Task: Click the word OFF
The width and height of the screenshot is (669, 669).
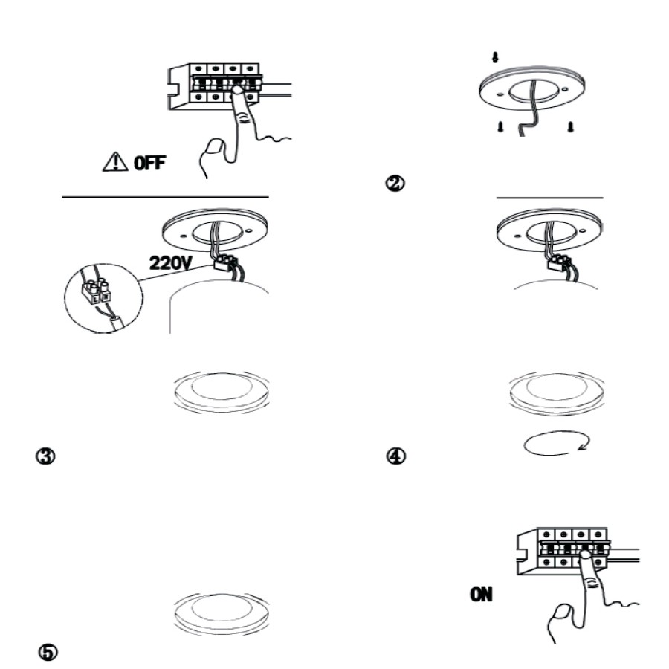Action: point(149,163)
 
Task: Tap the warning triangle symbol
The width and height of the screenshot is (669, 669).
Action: point(115,162)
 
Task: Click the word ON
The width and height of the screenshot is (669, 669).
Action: point(481,595)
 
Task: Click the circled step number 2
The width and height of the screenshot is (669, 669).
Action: point(395,184)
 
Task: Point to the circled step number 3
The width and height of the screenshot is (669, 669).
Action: point(45,456)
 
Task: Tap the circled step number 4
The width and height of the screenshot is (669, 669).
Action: point(396,456)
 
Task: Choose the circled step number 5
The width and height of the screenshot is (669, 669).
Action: point(48,653)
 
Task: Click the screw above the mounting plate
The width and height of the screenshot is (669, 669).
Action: point(495,57)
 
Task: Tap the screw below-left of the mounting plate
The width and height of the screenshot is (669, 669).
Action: point(500,126)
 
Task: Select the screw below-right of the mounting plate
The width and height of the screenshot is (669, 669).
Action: point(570,126)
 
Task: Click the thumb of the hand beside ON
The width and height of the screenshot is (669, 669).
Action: point(560,618)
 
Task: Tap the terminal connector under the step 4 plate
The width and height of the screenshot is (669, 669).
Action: point(558,262)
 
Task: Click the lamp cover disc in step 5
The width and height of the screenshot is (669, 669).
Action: point(222,613)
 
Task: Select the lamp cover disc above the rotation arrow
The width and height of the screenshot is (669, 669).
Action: point(556,392)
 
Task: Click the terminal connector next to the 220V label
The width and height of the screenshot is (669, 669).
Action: point(224,263)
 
